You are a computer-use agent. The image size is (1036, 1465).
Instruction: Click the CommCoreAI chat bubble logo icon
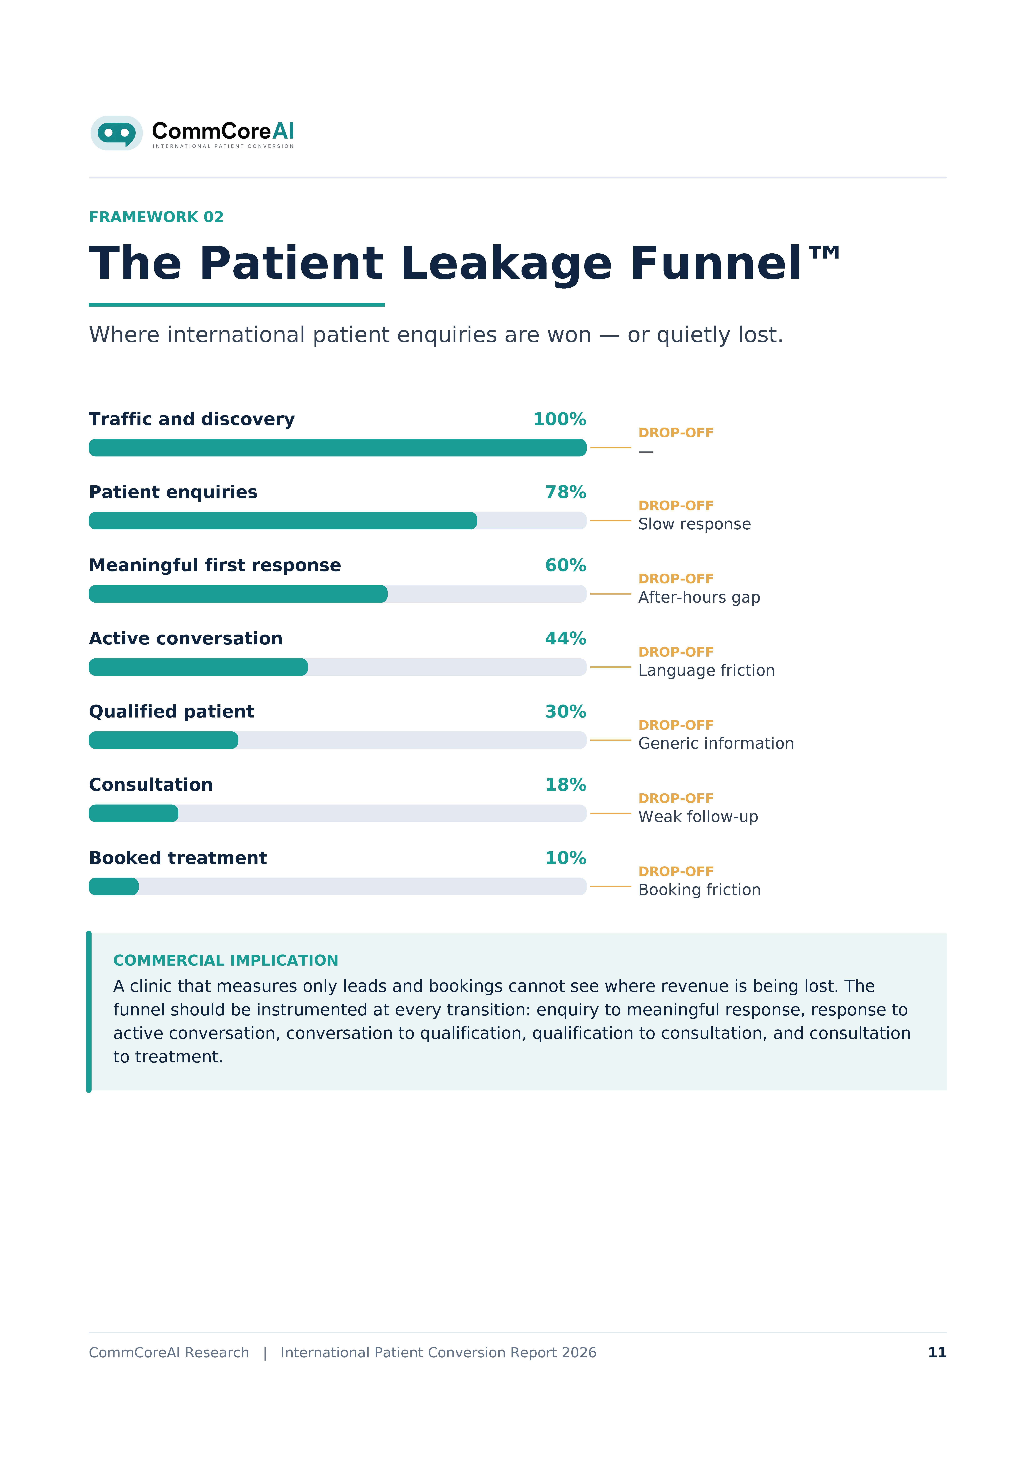pyautogui.click(x=116, y=133)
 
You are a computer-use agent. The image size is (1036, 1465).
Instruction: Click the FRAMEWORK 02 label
pyautogui.click(x=156, y=217)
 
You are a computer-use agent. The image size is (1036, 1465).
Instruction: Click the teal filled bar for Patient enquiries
pyautogui.click(x=283, y=521)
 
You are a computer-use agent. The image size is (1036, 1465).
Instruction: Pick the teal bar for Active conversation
pyautogui.click(x=198, y=667)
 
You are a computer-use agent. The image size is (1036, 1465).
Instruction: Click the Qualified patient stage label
pyautogui.click(x=171, y=711)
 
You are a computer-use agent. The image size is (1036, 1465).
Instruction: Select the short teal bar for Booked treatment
pyautogui.click(x=114, y=886)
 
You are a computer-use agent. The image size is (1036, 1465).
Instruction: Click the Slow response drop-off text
pyautogui.click(x=694, y=524)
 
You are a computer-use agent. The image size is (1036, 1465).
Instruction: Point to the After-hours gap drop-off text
pyautogui.click(x=699, y=597)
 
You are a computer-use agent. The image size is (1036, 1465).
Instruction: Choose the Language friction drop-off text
pyautogui.click(x=706, y=671)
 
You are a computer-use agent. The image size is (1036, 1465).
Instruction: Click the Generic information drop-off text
pyautogui.click(x=716, y=743)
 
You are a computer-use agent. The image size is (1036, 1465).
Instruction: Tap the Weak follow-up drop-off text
pyautogui.click(x=698, y=817)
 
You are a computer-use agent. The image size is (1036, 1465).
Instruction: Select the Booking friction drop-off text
pyautogui.click(x=699, y=890)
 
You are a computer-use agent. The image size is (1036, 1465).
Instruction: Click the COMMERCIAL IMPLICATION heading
pyautogui.click(x=225, y=960)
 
